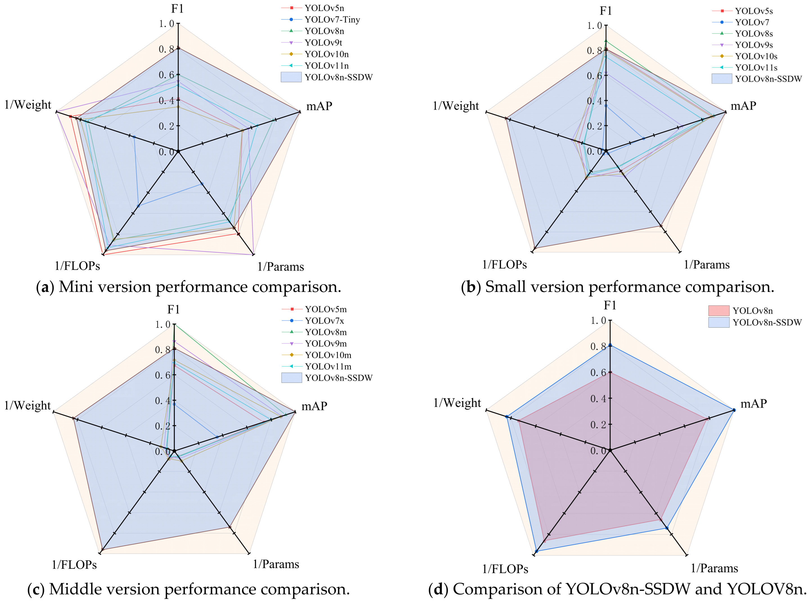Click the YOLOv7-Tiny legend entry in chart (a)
(x=332, y=19)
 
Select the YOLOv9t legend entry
(x=323, y=42)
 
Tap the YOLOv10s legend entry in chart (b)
(x=756, y=56)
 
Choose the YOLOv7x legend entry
(x=324, y=321)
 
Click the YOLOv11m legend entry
(x=328, y=366)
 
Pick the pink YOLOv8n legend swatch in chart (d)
(x=718, y=310)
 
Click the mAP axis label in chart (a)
(x=319, y=106)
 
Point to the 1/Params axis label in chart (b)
(x=706, y=265)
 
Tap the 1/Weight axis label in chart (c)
(x=27, y=405)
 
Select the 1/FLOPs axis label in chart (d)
(x=505, y=569)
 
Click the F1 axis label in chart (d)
(x=610, y=305)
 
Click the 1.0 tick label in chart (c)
(x=162, y=325)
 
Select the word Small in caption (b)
(x=505, y=287)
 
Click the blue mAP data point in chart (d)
(x=734, y=410)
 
